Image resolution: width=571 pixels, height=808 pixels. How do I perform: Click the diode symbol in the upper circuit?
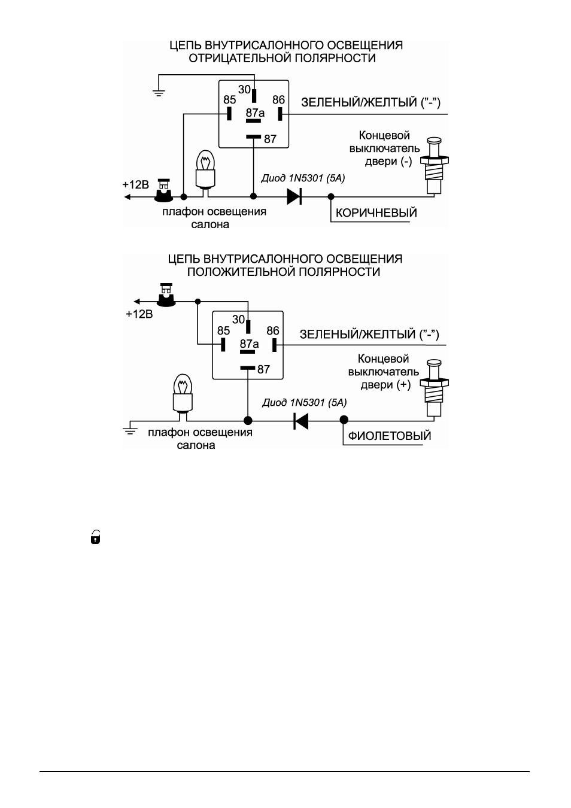click(x=294, y=196)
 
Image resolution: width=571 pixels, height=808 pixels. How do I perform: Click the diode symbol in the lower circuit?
click(x=301, y=421)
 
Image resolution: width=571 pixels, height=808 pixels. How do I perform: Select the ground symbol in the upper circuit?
click(x=159, y=93)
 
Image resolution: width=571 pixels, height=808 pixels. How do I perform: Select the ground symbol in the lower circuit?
click(x=130, y=430)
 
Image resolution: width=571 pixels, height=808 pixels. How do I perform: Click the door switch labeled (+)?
click(x=434, y=389)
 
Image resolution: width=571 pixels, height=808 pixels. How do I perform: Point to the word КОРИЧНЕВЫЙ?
click(x=376, y=213)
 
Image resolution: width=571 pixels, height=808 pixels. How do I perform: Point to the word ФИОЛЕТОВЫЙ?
click(x=390, y=436)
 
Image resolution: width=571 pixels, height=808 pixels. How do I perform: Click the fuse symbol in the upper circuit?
click(x=164, y=190)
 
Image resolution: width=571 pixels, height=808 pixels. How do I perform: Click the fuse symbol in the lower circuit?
click(x=166, y=295)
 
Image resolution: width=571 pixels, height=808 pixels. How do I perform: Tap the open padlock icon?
click(x=95, y=537)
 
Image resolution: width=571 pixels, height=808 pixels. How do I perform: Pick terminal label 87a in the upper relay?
click(x=255, y=113)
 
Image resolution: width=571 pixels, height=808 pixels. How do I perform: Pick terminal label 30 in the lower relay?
click(x=238, y=320)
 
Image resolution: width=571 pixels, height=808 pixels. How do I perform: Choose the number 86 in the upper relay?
click(x=278, y=100)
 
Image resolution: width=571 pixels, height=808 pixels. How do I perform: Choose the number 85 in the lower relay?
click(x=224, y=331)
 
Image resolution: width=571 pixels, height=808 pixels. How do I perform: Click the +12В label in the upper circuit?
click(x=136, y=185)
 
